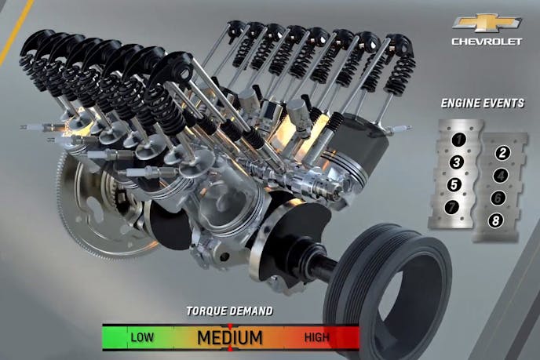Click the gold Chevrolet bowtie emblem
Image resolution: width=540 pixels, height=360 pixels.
click(x=487, y=23)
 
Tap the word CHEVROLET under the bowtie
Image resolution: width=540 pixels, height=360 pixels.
click(x=487, y=42)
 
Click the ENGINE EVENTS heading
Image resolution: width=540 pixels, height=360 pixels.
click(x=483, y=104)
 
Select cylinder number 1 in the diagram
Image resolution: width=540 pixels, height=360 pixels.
click(x=458, y=140)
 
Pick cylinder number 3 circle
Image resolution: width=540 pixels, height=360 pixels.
click(x=457, y=162)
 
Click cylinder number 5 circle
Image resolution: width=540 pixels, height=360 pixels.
click(x=454, y=184)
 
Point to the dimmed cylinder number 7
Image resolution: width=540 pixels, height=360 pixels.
click(x=452, y=206)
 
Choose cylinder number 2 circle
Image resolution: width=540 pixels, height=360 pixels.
click(x=503, y=153)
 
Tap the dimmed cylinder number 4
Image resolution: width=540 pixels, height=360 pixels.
click(x=501, y=176)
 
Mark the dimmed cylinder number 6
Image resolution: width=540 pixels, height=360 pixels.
click(x=498, y=198)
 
